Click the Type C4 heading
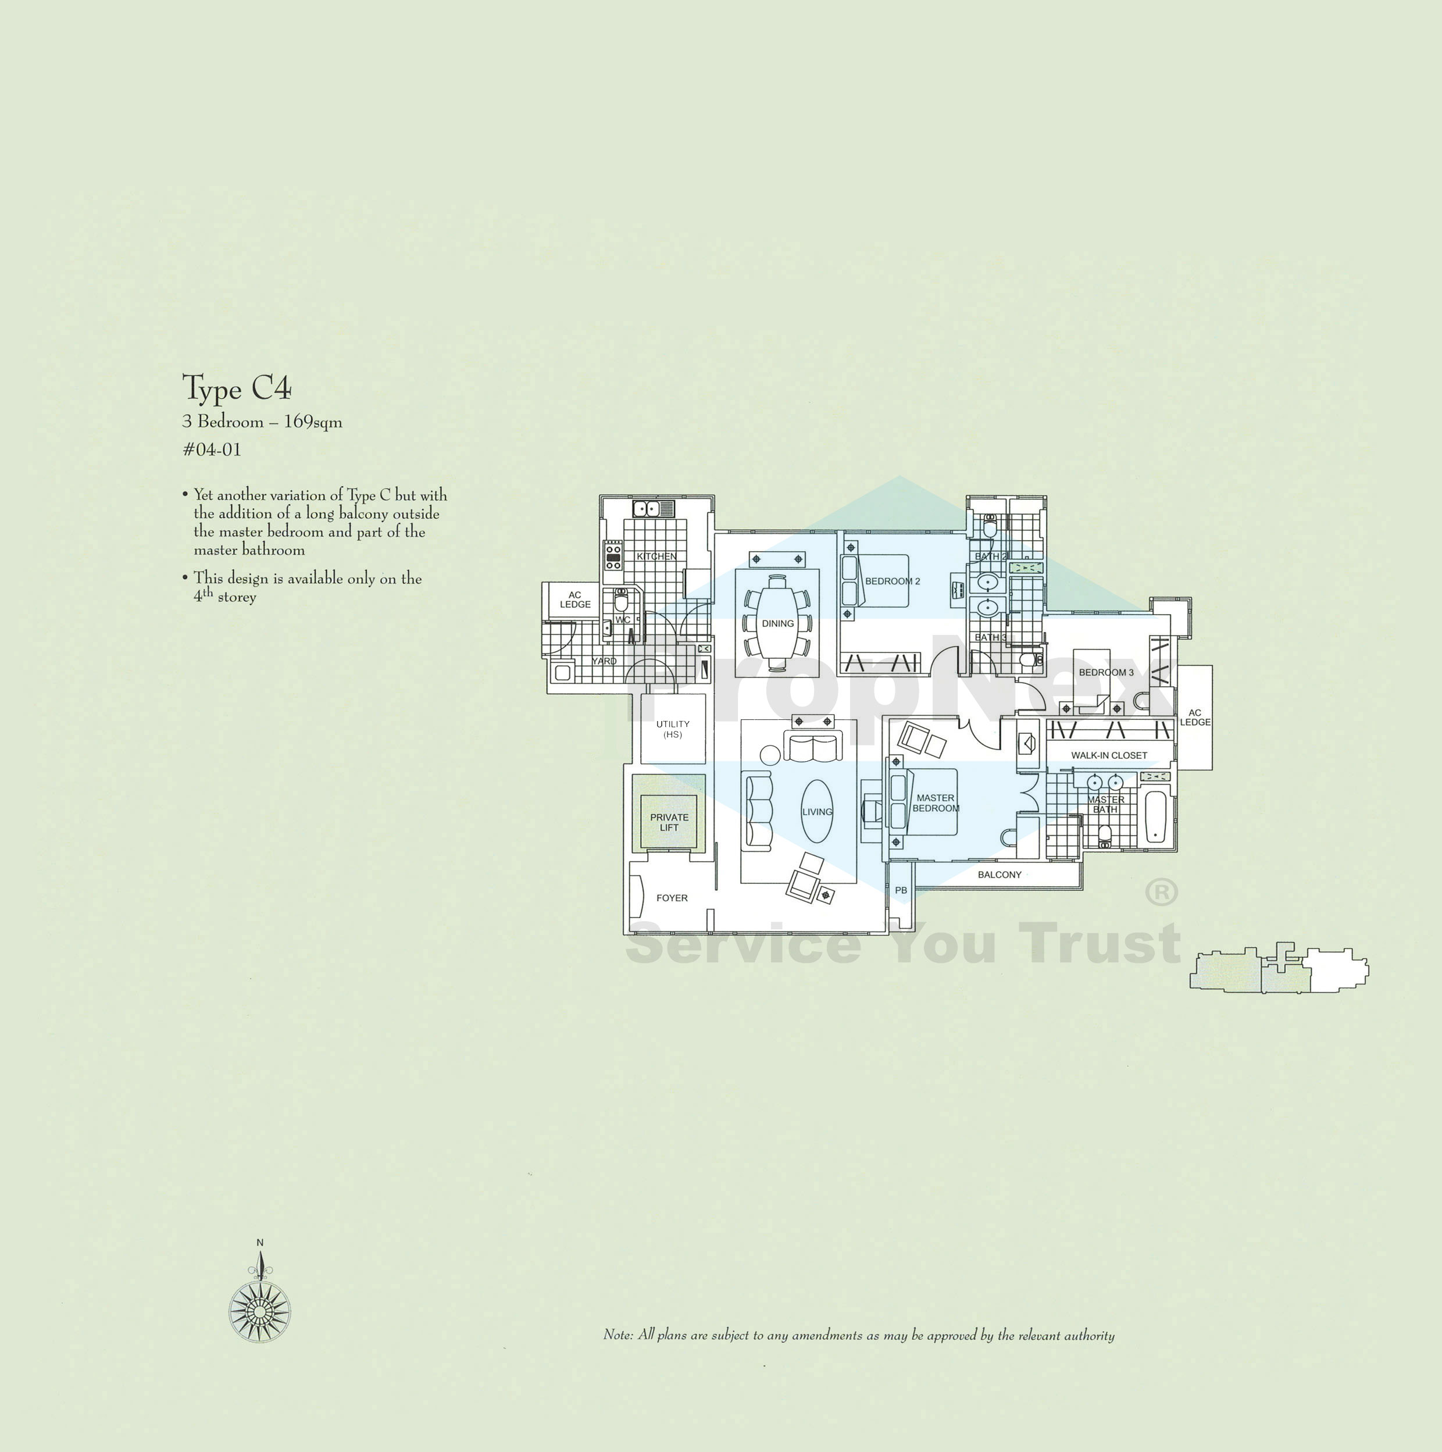tap(237, 388)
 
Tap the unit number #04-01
tap(212, 449)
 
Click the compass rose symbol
tap(259, 1311)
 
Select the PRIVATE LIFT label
tap(669, 822)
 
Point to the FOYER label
tap(672, 897)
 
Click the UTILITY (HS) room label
tap(673, 729)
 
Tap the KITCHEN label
tap(656, 556)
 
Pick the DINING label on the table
tap(778, 623)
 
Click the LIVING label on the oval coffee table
tap(817, 812)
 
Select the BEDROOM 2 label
tap(892, 581)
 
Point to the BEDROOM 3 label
tap(1106, 672)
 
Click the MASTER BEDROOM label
tap(936, 802)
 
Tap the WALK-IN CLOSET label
tap(1109, 755)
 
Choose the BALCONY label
tap(1000, 874)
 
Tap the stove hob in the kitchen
tap(613, 555)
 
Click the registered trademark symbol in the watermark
tap(1161, 892)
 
